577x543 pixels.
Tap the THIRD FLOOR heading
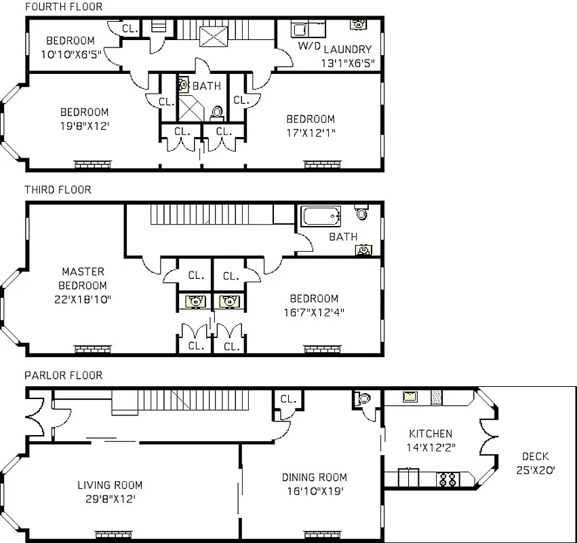58,190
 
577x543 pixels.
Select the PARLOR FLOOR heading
63,375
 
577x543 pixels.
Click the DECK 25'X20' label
535,463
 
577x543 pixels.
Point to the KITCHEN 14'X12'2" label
430,441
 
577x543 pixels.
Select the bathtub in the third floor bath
321,217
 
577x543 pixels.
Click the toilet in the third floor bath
362,213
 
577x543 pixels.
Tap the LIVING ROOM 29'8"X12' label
110,491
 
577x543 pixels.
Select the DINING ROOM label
315,484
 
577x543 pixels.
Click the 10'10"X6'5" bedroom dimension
71,56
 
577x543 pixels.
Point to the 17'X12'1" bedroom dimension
311,132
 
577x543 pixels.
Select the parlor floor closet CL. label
288,399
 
